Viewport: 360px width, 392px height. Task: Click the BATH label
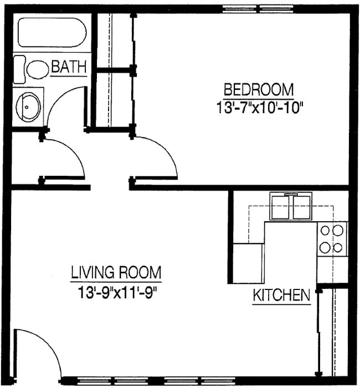coord(69,68)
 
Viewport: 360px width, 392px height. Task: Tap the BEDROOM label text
coord(258,89)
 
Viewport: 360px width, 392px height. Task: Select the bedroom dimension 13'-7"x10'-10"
coord(258,106)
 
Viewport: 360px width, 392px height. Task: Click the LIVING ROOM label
coord(116,273)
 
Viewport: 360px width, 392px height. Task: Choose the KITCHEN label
coord(281,296)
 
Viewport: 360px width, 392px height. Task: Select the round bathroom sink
coord(28,106)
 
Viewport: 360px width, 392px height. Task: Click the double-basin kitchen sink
coord(291,206)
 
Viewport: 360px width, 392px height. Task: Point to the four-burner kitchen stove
coord(332,239)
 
